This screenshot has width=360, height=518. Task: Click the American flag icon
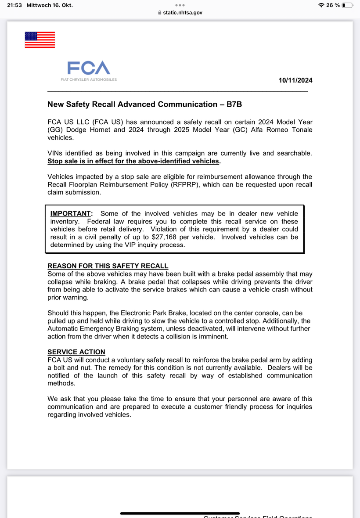tap(40, 40)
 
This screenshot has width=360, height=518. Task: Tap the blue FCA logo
tap(89, 68)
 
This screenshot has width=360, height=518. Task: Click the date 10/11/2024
tap(295, 80)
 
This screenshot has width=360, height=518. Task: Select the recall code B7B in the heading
tap(234, 104)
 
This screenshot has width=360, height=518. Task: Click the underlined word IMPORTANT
tap(71, 214)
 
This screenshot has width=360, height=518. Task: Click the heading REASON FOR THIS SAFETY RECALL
tap(108, 266)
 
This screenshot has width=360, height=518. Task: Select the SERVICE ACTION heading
tap(76, 352)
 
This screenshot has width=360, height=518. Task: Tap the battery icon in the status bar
tap(347, 5)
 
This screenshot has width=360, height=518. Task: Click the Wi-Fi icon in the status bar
tap(321, 5)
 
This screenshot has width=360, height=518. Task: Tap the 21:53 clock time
tap(15, 5)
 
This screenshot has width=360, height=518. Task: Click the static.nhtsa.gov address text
tap(183, 13)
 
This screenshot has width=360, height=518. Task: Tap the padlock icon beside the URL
tap(160, 13)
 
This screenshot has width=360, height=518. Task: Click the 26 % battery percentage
tap(333, 5)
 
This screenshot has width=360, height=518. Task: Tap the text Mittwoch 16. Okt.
tap(49, 5)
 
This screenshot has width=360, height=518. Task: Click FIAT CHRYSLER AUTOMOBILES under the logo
tap(89, 80)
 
